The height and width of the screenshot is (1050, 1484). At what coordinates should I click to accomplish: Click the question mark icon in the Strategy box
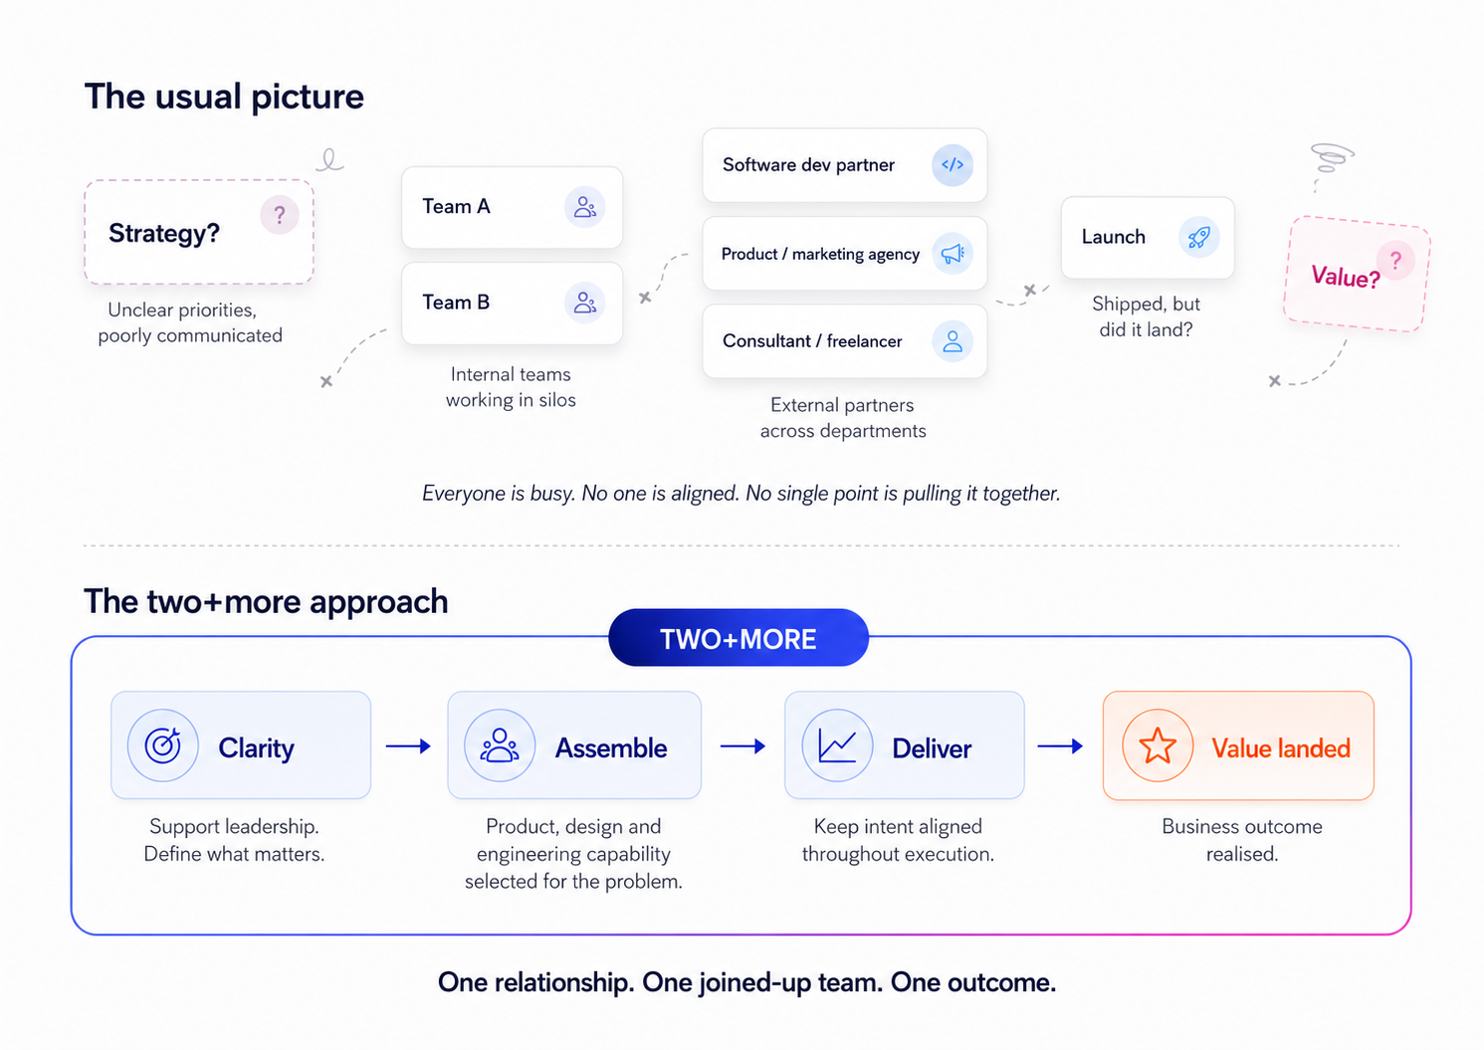coord(279,215)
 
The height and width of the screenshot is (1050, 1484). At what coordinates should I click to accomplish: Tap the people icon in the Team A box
coord(584,207)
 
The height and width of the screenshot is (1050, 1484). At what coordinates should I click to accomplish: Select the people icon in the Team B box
coord(584,303)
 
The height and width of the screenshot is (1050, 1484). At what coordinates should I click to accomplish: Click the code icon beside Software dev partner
coord(953,165)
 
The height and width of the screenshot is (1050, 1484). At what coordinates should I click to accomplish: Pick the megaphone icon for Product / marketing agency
coord(953,253)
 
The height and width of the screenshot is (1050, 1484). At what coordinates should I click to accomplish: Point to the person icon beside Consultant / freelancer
coord(953,341)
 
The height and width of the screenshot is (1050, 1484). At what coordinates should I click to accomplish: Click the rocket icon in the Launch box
coord(1198,237)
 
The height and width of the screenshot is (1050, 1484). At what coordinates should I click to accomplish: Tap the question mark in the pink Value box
coord(1395,261)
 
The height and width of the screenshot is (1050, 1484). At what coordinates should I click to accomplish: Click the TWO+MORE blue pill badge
coord(739,638)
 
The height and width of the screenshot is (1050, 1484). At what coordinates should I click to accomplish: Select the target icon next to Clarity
coord(162,745)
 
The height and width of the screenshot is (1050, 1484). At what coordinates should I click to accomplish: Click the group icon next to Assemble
coord(499,745)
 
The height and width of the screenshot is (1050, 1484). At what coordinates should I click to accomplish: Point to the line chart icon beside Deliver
coord(837,745)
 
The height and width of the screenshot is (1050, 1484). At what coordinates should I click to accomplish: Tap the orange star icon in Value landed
coord(1158,745)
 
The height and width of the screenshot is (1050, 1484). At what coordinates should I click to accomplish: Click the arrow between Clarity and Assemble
coord(408,746)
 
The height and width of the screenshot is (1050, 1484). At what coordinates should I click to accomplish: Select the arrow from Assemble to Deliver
coord(742,746)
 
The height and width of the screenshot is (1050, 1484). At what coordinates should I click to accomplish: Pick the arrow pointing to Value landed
coord(1060,746)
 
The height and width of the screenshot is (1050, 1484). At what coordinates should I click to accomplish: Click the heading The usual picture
coord(224,97)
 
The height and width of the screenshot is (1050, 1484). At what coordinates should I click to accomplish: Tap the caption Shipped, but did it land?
coord(1147,316)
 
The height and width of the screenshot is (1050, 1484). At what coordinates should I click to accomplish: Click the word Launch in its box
coord(1113,237)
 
